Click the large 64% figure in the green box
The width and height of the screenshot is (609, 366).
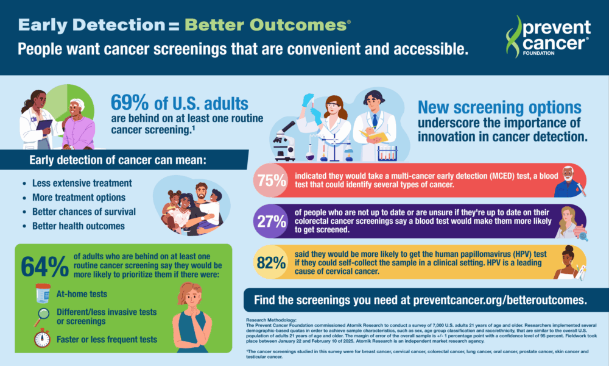[44, 267]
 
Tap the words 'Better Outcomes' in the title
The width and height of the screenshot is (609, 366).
[266, 25]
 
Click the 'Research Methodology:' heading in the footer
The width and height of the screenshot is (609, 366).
[272, 320]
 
